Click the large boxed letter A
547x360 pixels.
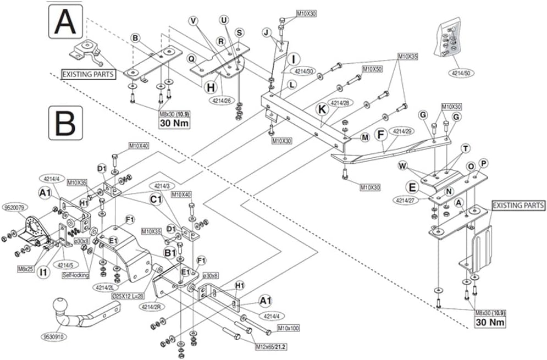[x=65, y=21]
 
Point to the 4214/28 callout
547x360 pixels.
[x=340, y=103]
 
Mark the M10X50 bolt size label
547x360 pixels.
[x=372, y=70]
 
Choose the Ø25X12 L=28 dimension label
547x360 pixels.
[x=132, y=296]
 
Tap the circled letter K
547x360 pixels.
[x=320, y=109]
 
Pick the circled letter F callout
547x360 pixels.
[x=379, y=134]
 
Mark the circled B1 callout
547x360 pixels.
[x=170, y=253]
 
